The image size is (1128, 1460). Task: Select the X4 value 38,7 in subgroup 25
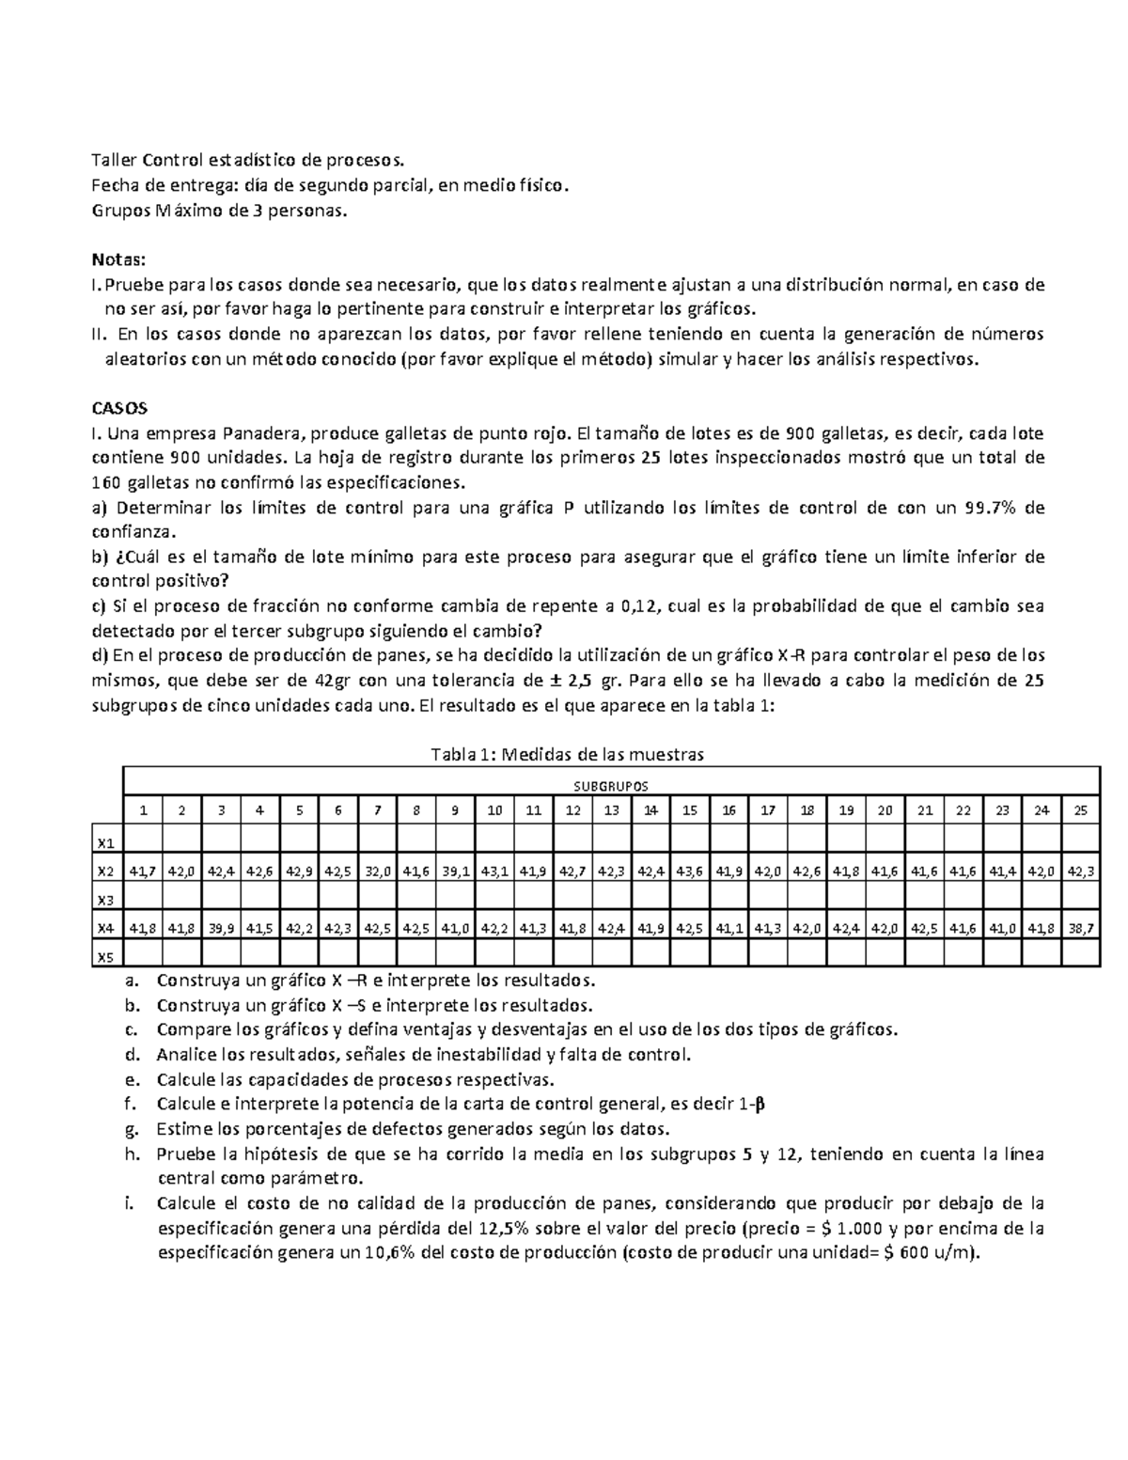(1081, 929)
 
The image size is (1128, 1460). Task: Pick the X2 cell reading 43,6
(689, 871)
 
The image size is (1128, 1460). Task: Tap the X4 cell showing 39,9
(220, 929)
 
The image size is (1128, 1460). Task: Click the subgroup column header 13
(611, 810)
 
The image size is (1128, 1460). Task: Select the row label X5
(107, 958)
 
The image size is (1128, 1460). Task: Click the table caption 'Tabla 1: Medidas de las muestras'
(567, 754)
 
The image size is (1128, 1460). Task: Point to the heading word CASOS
(118, 409)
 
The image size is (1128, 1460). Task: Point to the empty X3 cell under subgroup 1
(143, 900)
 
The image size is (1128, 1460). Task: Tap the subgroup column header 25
(1081, 810)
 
